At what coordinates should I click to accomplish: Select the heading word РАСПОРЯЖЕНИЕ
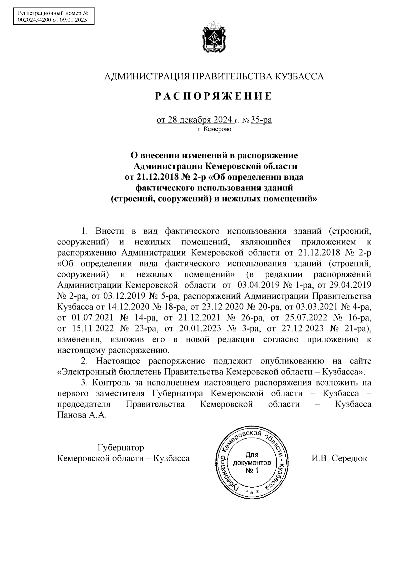coord(214,96)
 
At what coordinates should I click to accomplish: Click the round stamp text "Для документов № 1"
coord(252,463)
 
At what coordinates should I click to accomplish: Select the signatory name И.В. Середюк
coord(339,458)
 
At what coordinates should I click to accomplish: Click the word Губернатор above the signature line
coord(120,447)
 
